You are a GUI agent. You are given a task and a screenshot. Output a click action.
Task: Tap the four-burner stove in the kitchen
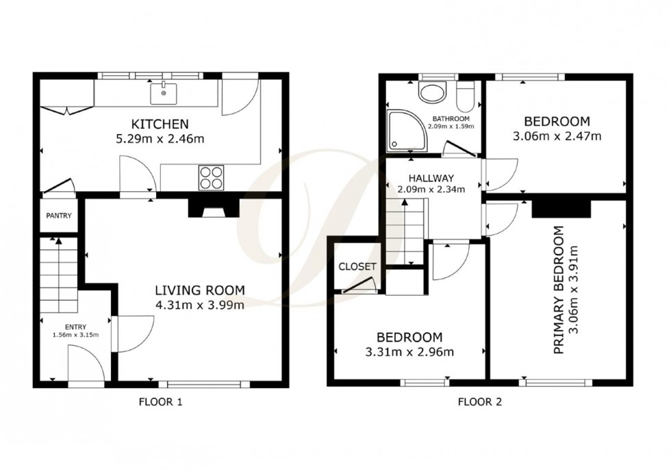(212, 177)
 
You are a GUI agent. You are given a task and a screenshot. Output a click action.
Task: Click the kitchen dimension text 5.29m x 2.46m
(160, 139)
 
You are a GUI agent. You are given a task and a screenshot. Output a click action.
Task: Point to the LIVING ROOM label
(199, 290)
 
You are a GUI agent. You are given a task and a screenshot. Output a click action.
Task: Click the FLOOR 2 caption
(480, 402)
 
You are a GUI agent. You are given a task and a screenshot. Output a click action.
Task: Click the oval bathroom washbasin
(431, 93)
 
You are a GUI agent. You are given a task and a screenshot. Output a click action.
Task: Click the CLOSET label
(357, 266)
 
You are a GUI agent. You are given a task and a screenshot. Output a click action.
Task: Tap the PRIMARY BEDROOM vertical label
(559, 290)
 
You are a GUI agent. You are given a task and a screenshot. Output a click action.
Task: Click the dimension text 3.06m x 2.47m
(557, 136)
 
